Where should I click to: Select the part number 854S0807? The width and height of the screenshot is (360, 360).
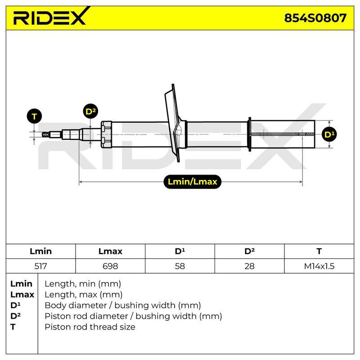[315, 18]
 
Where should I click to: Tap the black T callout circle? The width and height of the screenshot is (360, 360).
[34, 116]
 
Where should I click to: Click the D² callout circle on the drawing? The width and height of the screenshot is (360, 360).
[90, 111]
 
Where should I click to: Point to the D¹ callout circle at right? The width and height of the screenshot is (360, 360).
[329, 134]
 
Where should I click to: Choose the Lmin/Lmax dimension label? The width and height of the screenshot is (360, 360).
[193, 182]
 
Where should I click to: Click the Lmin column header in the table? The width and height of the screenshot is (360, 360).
[40, 251]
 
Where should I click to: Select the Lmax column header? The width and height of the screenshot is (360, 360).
[110, 251]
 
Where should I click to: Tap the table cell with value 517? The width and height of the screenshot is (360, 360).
[40, 266]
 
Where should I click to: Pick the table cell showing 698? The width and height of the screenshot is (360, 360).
[110, 266]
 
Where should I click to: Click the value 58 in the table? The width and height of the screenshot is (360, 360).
[180, 266]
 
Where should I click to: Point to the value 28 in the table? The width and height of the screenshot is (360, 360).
[249, 266]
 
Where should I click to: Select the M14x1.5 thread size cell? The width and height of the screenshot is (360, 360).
[319, 266]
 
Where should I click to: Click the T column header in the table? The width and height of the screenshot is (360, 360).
[319, 251]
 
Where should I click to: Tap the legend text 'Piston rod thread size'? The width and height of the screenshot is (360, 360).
[90, 327]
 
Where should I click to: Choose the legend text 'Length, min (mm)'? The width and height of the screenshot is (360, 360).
[83, 284]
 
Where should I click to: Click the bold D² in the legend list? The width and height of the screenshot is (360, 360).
[15, 316]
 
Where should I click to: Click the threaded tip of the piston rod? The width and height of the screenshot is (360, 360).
[45, 134]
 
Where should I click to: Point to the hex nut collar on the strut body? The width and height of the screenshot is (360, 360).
[106, 134]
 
